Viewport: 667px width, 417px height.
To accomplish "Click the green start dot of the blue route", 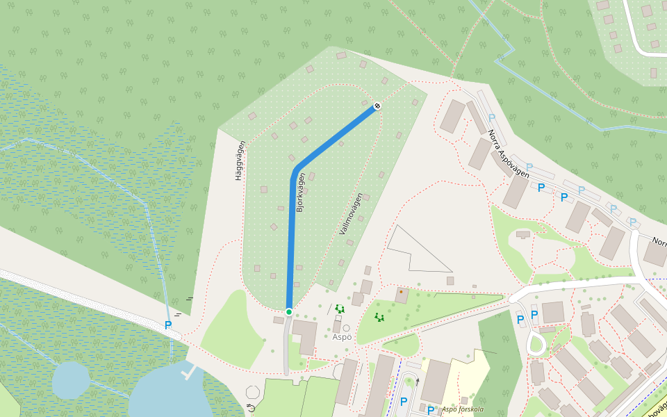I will [288, 311].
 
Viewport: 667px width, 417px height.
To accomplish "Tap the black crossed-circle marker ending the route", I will [377, 106].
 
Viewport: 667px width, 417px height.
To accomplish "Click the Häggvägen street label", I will [240, 161].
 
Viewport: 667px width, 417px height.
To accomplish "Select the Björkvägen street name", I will [301, 193].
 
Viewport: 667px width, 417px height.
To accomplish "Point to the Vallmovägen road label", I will [352, 213].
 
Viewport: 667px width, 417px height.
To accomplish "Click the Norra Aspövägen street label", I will [508, 154].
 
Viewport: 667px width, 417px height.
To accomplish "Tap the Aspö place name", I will [342, 337].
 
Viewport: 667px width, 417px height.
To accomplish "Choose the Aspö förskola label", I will [462, 409].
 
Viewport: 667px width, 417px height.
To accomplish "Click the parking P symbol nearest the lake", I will [168, 325].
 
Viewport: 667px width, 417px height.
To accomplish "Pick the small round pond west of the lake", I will [71, 379].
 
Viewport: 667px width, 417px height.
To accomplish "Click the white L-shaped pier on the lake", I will [187, 373].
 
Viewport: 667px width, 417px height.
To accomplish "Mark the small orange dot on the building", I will [401, 292].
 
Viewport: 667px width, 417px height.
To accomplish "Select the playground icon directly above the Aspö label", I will [340, 309].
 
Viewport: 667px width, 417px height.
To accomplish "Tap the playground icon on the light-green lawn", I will [379, 318].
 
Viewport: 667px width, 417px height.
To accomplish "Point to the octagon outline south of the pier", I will [253, 392].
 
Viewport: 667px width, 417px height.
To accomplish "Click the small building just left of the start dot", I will [279, 320].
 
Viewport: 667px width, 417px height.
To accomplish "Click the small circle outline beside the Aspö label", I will [346, 328].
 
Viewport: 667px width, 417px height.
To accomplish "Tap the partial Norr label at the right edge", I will [659, 243].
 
